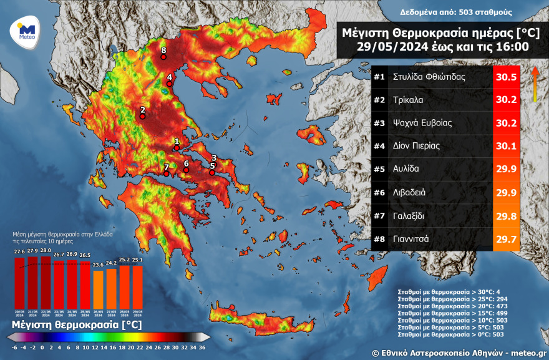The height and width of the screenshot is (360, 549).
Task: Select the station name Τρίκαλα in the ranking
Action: point(409,100)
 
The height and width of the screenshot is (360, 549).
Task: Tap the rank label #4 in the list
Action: point(379,146)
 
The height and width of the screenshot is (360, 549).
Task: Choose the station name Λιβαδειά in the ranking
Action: point(409,192)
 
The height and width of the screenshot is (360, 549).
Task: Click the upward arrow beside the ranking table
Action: point(535,84)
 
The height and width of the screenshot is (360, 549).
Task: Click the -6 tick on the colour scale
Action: point(14,348)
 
